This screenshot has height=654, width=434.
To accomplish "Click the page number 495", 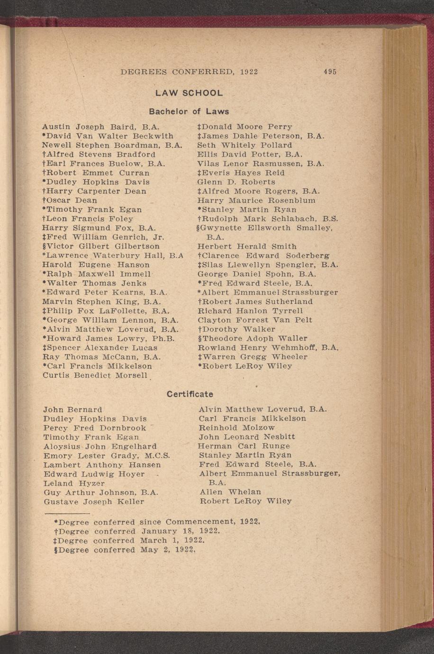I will [330, 72].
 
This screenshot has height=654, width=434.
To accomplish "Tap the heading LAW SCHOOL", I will [189, 93].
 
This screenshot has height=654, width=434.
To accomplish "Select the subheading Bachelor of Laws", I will [189, 112].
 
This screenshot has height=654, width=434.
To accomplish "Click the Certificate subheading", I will [190, 394].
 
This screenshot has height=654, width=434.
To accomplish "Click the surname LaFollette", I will [121, 311].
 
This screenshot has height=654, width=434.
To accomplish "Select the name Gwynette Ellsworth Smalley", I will [265, 228].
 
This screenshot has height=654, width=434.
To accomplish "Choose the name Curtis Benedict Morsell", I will [95, 375].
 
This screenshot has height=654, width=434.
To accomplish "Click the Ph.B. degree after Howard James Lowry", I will [165, 339].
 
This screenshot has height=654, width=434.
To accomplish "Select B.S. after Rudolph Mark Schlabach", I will [330, 219].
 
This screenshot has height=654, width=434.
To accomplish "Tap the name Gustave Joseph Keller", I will [94, 501].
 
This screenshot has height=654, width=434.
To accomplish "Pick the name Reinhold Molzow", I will [236, 428].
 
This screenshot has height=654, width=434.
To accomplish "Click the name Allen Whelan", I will [230, 492].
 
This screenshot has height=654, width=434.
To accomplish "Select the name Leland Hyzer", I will [74, 484].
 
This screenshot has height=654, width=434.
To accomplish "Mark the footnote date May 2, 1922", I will [168, 550].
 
